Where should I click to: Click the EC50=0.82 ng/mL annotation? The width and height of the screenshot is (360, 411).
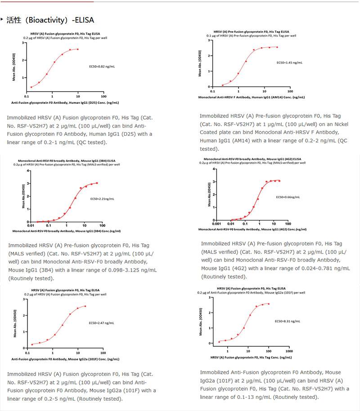[x=102, y=66]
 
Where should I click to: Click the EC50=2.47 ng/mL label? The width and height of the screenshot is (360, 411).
[x=101, y=323]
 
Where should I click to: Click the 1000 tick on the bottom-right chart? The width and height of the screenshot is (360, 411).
[x=288, y=351]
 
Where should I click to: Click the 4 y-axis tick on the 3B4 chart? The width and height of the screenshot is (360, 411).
[x=29, y=171]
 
